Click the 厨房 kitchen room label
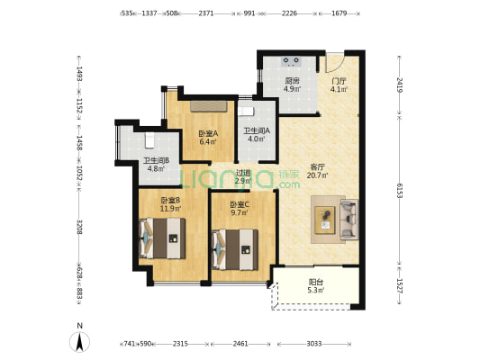(292, 81)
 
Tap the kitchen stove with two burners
(291, 61)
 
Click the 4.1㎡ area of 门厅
(339, 89)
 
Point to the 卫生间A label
(257, 130)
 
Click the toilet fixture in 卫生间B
(149, 140)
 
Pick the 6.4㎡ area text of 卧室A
(208, 141)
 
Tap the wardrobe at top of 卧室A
(209, 106)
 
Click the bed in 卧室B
(162, 238)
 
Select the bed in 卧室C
(235, 249)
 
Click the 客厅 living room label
(318, 167)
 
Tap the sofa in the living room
(349, 219)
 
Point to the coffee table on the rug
(325, 220)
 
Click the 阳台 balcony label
(316, 282)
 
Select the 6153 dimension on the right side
(399, 191)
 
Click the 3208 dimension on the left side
(79, 227)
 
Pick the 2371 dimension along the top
(206, 13)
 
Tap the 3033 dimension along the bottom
(314, 344)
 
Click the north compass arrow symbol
(79, 342)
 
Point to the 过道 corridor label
(243, 173)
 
